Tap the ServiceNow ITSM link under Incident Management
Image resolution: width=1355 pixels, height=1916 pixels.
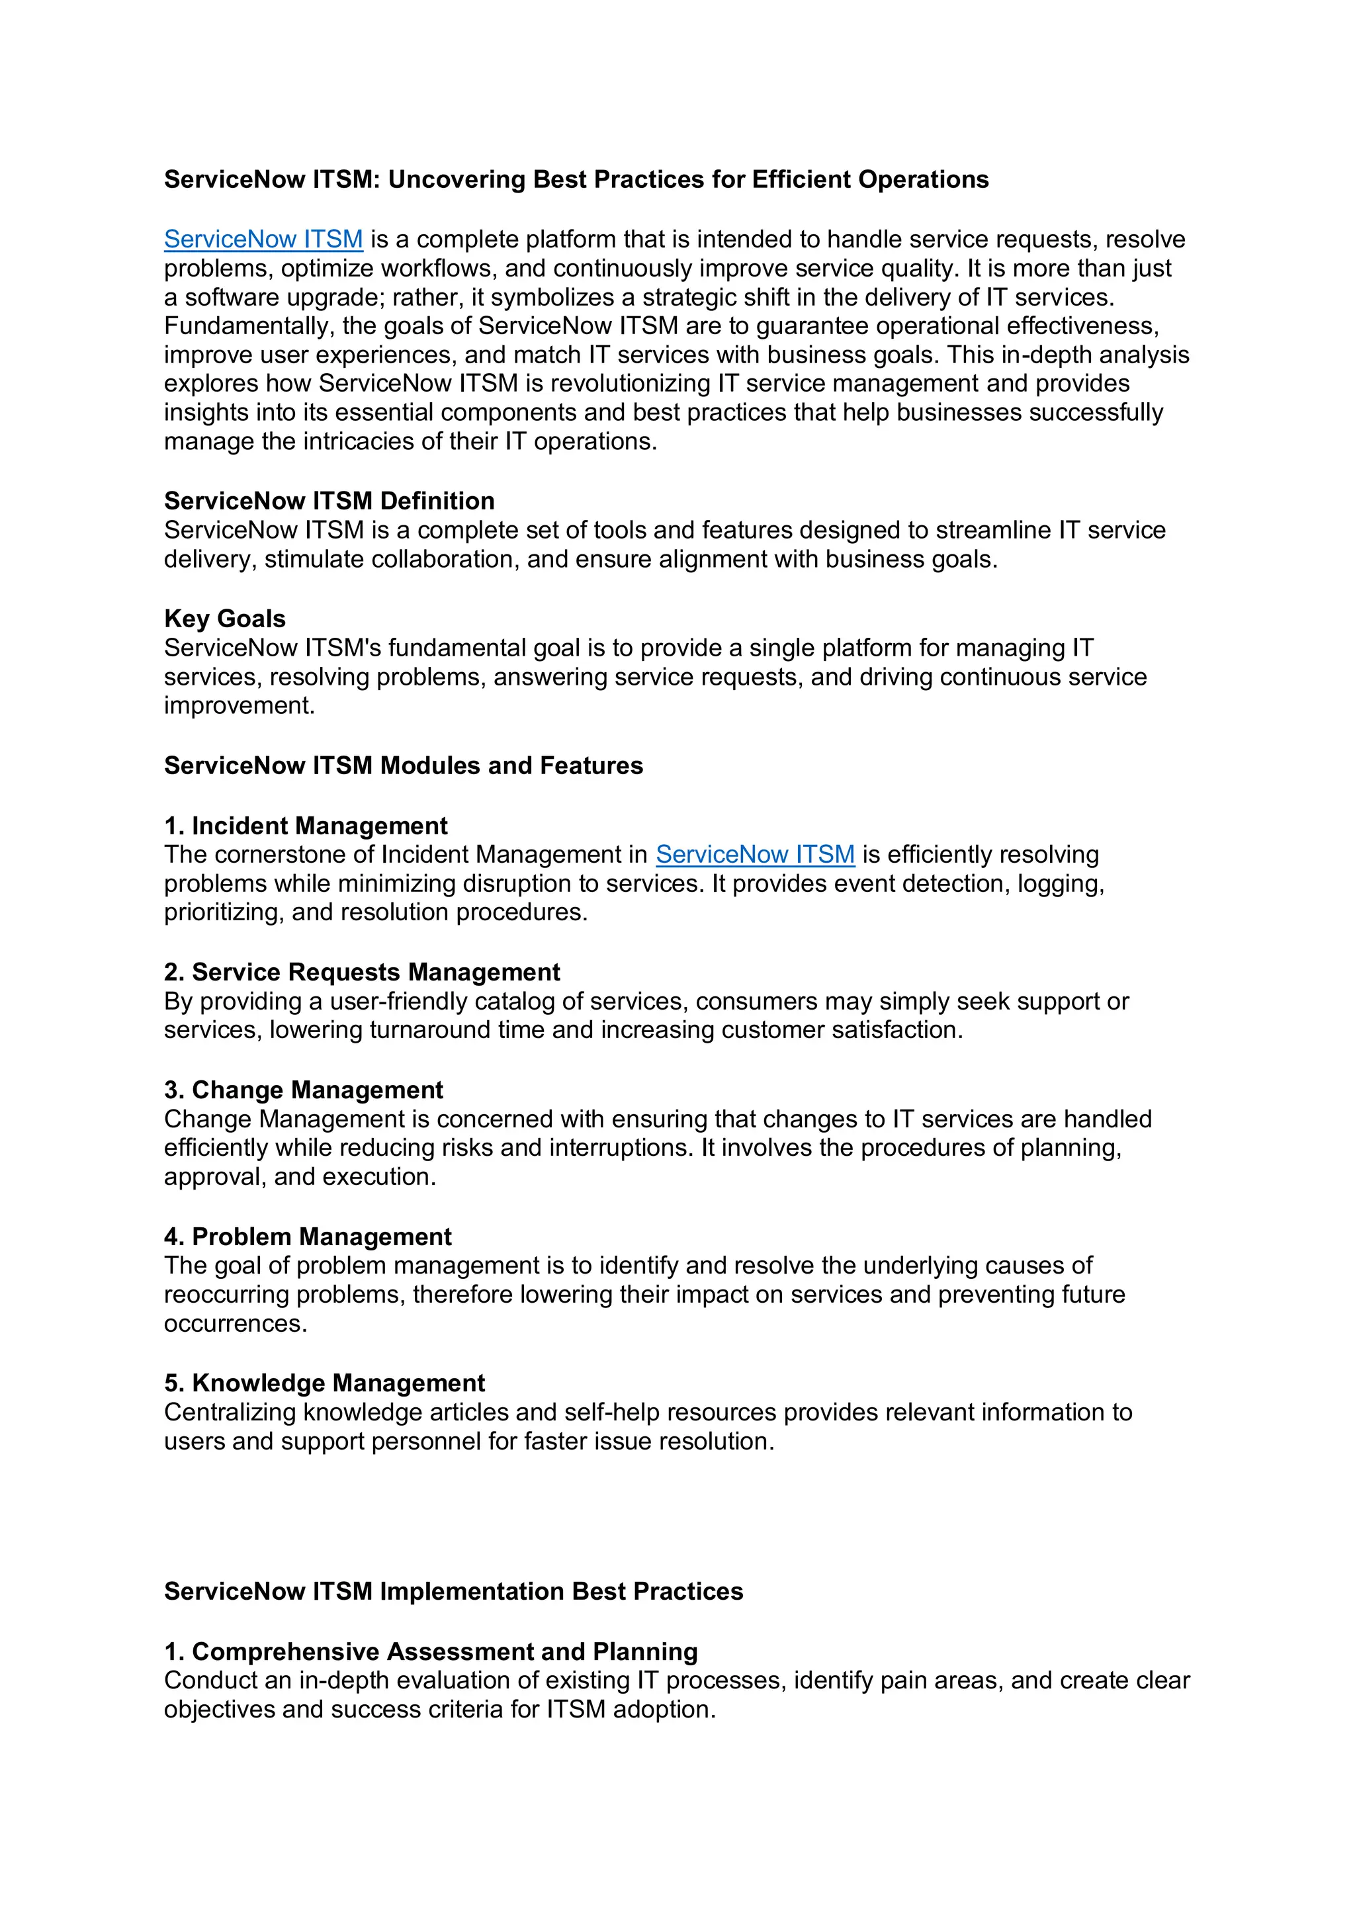[x=754, y=855]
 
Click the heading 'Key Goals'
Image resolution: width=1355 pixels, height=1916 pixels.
[x=224, y=619]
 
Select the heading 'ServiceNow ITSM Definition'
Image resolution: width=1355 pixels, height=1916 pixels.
[x=329, y=501]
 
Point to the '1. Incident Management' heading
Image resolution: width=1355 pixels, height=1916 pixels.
[x=306, y=826]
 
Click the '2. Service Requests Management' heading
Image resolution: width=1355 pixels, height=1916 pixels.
[x=361, y=972]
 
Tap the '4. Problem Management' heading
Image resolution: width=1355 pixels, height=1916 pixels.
[x=307, y=1237]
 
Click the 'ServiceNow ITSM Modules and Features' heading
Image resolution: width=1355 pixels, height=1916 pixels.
[x=403, y=765]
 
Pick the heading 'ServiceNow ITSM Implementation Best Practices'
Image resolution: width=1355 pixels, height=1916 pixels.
[x=453, y=1591]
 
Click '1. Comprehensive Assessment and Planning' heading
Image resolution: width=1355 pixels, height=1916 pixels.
[x=431, y=1651]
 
